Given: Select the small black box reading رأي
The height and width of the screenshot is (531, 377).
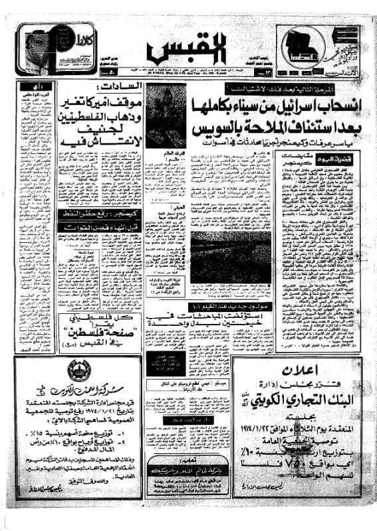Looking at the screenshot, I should (31, 87).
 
